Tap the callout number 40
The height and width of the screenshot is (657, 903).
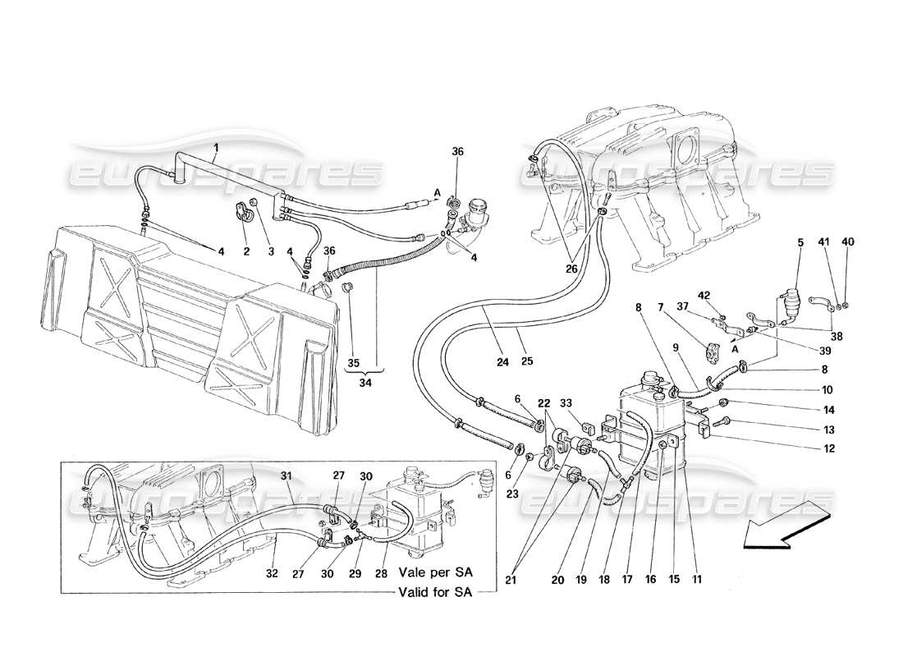pos(848,242)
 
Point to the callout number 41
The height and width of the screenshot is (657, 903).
pos(823,242)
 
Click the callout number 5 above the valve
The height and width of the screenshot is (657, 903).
pos(800,242)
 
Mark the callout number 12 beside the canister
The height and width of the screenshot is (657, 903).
pos(830,448)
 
